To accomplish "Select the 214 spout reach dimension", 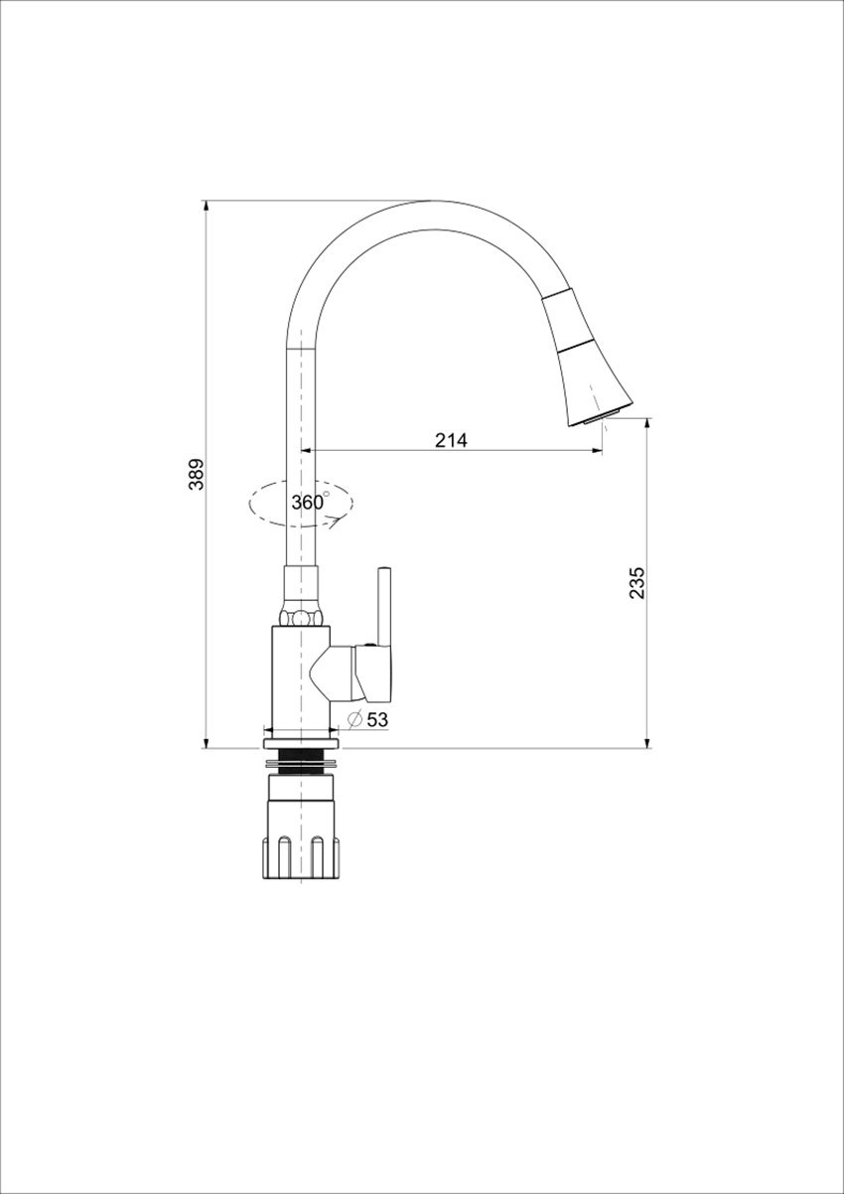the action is tap(451, 440).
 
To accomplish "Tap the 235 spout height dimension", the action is tap(636, 583).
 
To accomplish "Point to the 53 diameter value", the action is tap(377, 719).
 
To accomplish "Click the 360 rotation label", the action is tap(308, 502).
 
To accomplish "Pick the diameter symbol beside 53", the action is tap(355, 719).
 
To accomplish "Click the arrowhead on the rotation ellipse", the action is tap(336, 523).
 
